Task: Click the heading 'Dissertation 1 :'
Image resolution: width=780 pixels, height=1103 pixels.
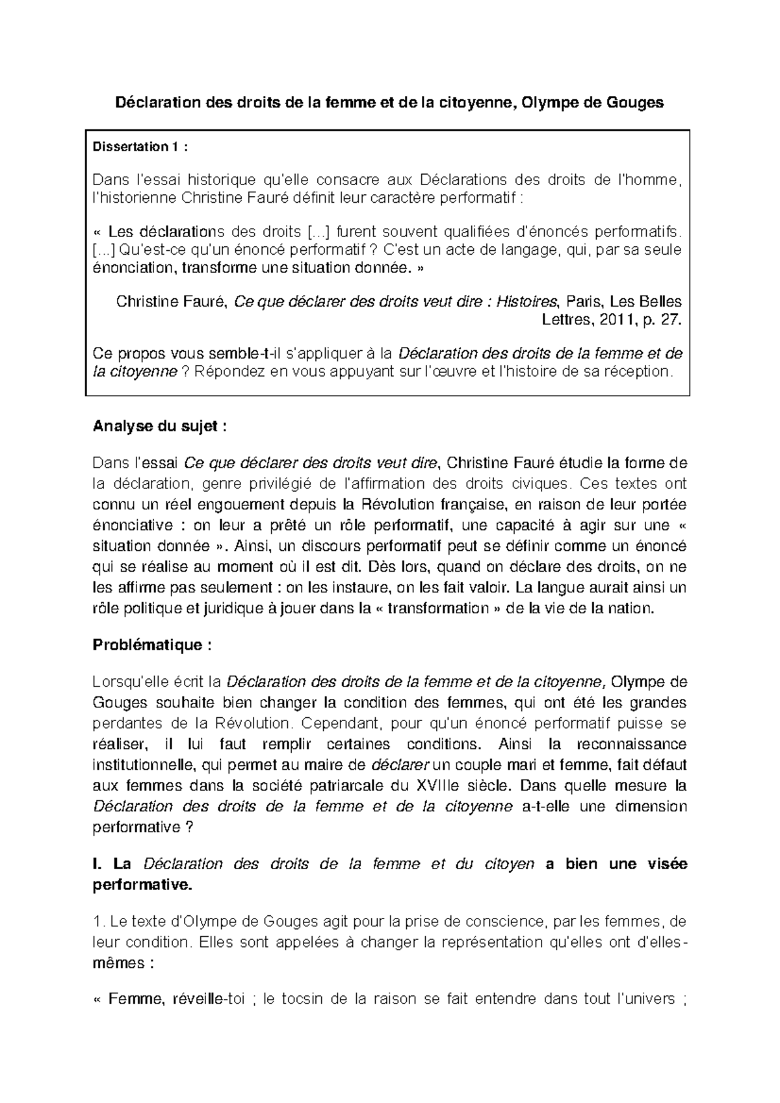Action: (x=141, y=147)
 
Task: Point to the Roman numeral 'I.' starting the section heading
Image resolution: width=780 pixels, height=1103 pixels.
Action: (x=98, y=864)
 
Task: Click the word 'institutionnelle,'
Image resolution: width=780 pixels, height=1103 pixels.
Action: (x=143, y=765)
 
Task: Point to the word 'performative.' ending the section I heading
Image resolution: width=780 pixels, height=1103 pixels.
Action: (x=143, y=885)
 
